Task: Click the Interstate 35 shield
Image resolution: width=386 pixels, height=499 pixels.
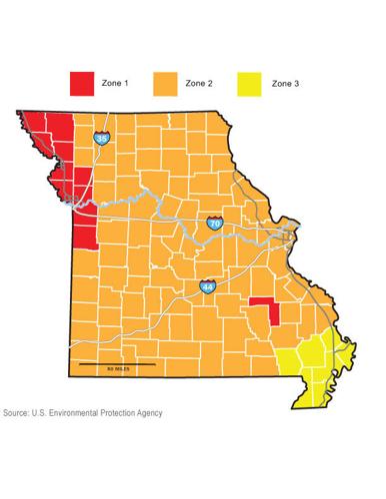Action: tap(102, 139)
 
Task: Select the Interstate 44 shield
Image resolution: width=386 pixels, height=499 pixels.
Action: tap(207, 285)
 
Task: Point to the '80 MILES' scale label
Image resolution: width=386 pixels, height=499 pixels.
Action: tap(117, 370)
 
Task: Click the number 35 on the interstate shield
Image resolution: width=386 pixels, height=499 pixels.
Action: tap(102, 141)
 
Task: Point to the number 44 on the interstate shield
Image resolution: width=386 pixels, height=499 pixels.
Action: tap(207, 287)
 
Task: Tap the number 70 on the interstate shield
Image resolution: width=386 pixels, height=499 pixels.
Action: tap(215, 227)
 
